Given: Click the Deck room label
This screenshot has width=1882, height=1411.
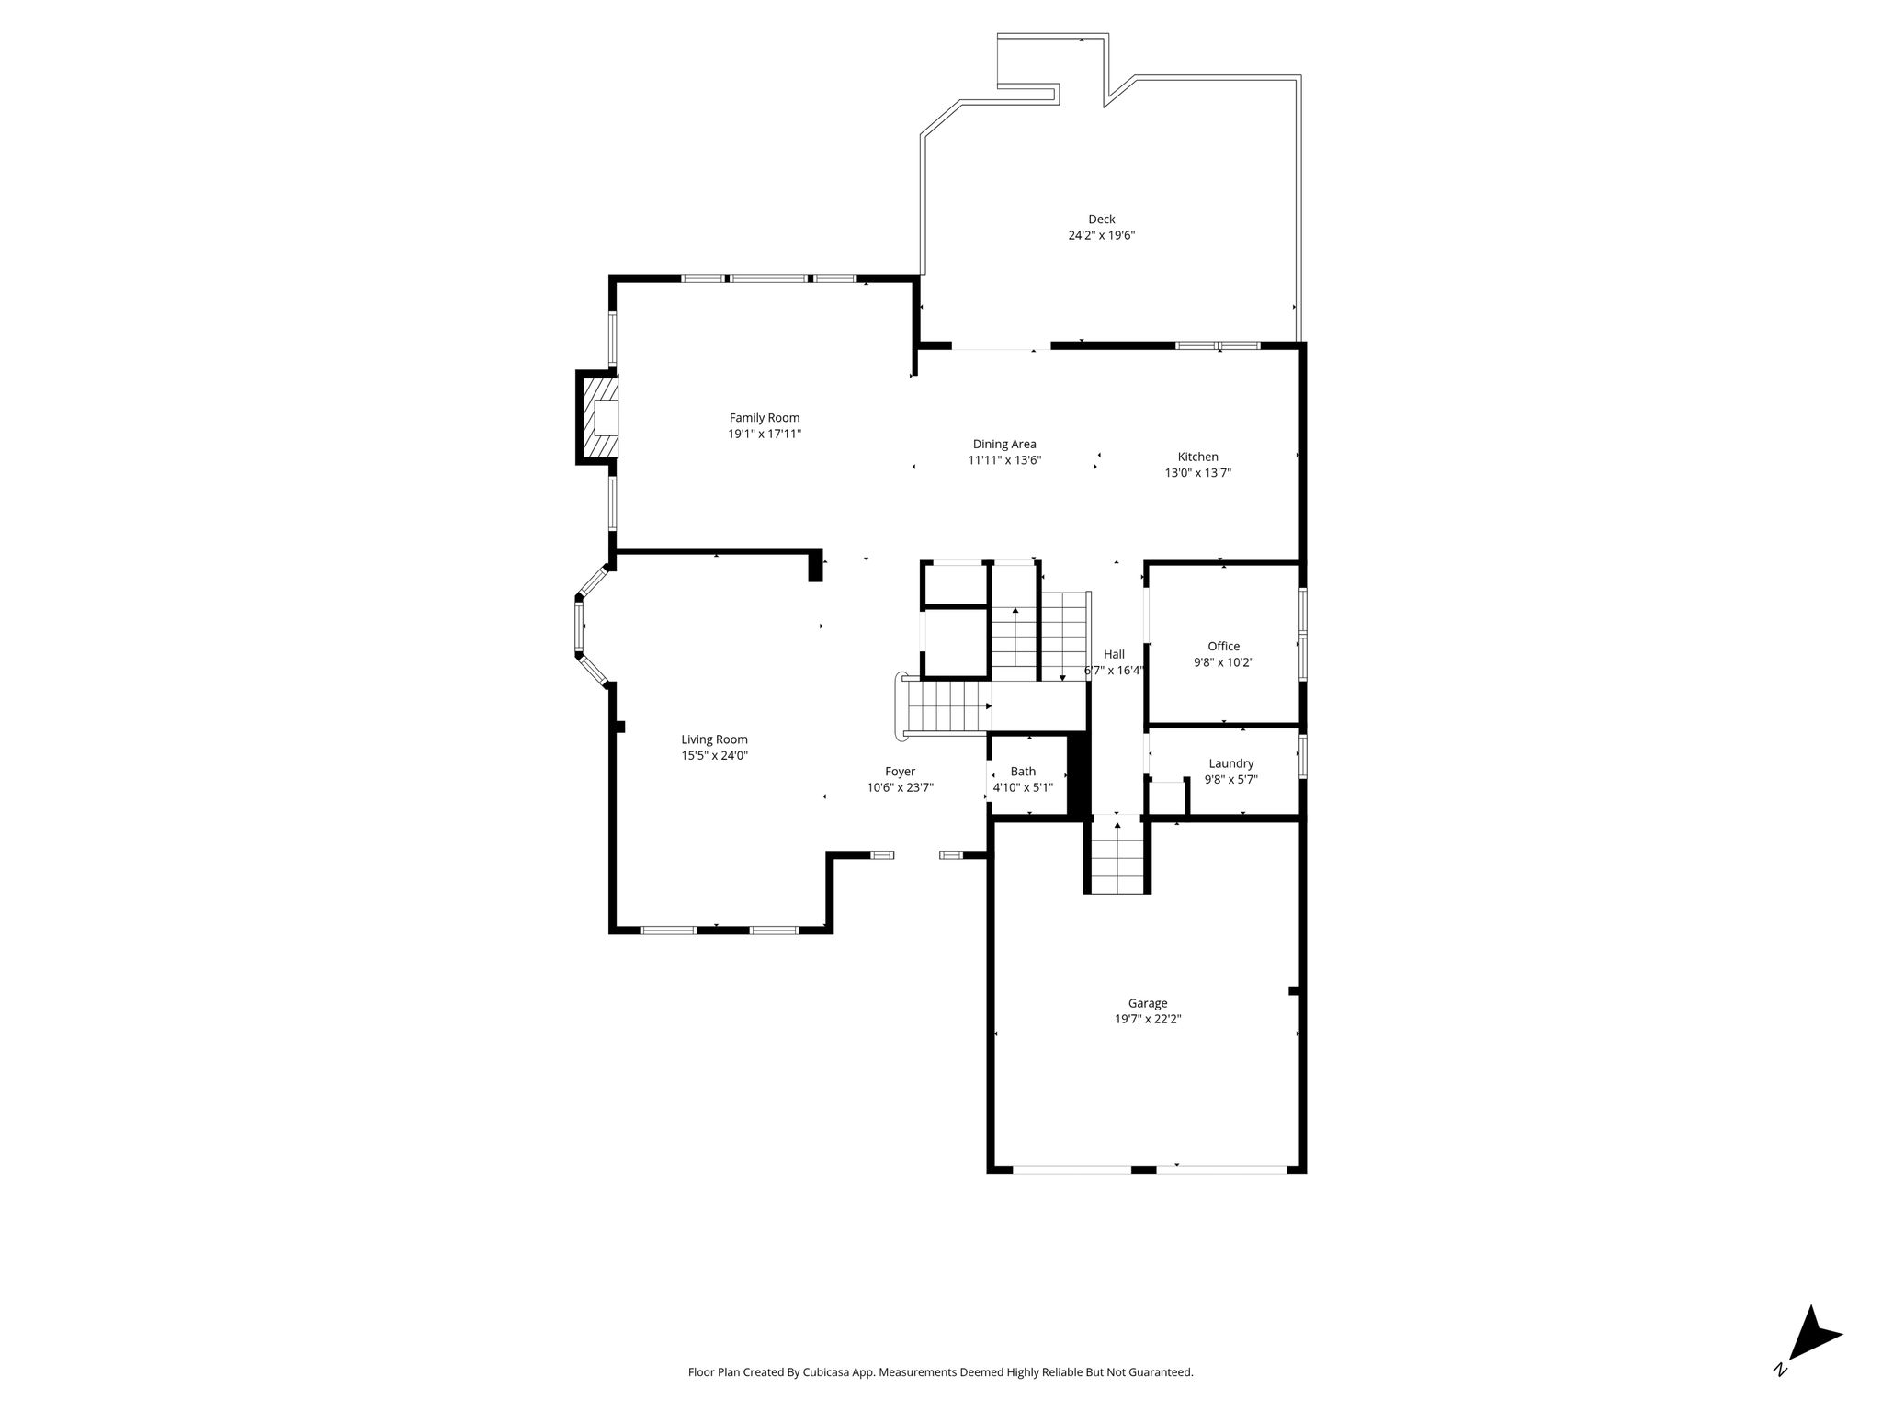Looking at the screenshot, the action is tap(1101, 220).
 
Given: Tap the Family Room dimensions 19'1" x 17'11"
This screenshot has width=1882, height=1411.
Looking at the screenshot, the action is tap(765, 434).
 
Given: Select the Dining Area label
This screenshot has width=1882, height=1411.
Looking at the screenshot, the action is tap(1004, 445).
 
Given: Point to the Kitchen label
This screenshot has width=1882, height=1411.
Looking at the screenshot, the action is tap(1198, 457).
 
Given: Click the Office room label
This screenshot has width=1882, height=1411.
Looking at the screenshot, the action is tap(1224, 646).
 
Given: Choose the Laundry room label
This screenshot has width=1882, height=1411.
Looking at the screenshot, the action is tap(1231, 763).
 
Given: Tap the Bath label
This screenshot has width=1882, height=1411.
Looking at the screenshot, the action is tap(1023, 772).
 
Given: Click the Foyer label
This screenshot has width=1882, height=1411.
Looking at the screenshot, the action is tap(901, 772).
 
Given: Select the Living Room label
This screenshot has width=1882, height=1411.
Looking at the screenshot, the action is tap(715, 739).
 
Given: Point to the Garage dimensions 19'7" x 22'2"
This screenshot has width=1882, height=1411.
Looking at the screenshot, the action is tap(1148, 1019).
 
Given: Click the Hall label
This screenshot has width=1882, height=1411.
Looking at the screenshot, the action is tap(1114, 654).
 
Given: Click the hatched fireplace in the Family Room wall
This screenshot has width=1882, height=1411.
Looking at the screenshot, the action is tap(596, 417).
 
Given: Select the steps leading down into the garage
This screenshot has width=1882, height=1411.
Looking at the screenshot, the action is tap(1117, 856).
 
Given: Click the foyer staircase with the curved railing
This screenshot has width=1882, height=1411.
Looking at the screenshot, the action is tap(945, 705).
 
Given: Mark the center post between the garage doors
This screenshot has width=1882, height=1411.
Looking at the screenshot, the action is tap(1143, 1169).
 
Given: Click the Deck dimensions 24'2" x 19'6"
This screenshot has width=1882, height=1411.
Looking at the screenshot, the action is tap(1101, 235).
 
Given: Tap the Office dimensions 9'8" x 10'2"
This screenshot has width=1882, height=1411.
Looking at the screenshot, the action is tap(1224, 662).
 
